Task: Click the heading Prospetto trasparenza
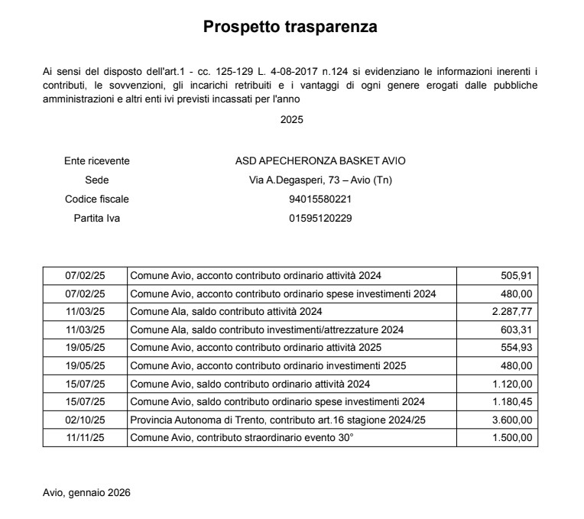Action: [290, 28]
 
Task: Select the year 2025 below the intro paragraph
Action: [292, 119]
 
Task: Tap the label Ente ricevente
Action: [97, 161]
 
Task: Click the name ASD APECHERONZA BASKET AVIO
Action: [320, 161]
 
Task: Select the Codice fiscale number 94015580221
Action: [320, 199]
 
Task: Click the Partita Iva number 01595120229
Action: [320, 219]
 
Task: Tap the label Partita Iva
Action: [97, 219]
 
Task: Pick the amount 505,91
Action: [516, 276]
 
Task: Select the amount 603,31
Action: [516, 330]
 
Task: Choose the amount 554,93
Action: [516, 348]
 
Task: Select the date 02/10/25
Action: [85, 420]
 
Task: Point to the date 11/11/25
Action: [85, 438]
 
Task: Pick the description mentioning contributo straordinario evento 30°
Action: [243, 438]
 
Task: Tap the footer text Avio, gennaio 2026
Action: [86, 493]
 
